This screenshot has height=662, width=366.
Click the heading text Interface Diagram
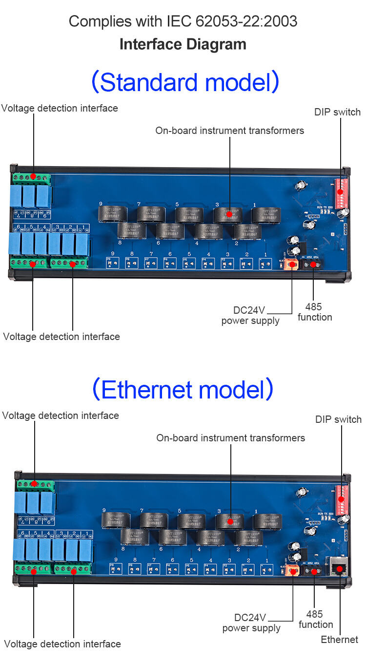click(183, 44)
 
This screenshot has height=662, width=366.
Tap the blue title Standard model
click(185, 82)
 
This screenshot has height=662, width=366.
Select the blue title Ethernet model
click(183, 390)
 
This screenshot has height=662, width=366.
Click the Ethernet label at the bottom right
click(339, 640)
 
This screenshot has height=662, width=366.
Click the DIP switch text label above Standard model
click(337, 112)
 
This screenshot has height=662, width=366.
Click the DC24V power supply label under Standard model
click(250, 316)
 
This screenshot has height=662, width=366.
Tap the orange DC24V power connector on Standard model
click(291, 265)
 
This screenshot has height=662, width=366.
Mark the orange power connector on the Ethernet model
click(293, 571)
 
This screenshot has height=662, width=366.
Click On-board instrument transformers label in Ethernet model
click(230, 438)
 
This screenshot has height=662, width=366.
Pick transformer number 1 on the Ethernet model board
click(267, 521)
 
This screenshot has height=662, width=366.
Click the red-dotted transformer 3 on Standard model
click(227, 214)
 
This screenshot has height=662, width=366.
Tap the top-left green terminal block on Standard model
click(32, 177)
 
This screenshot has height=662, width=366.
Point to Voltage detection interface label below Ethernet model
click(62, 644)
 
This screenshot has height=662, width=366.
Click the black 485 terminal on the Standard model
click(313, 265)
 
